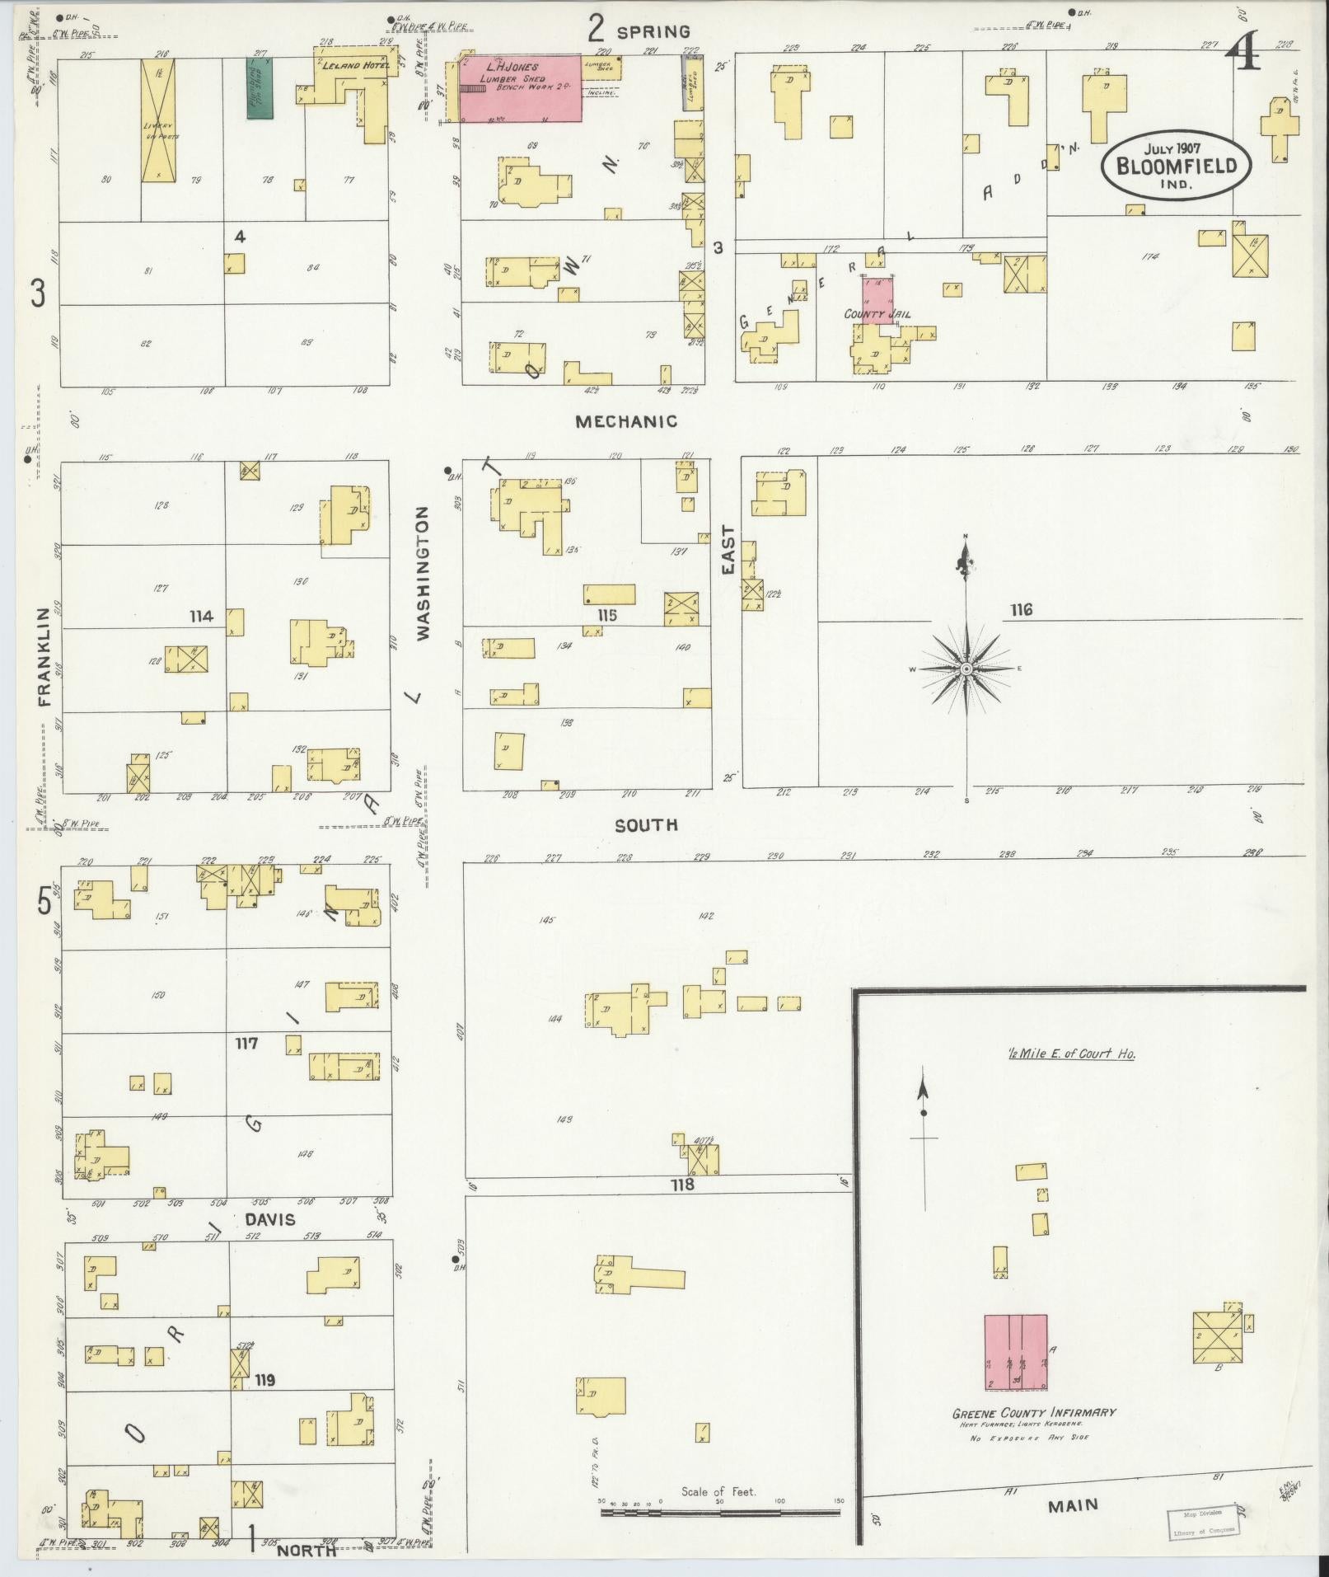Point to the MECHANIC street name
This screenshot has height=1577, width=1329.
(x=626, y=421)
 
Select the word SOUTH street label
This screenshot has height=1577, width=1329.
(x=647, y=824)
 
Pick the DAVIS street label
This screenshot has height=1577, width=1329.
(x=270, y=1219)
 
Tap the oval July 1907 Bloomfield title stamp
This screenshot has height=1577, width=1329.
(x=1176, y=164)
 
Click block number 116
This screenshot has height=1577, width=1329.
(x=1021, y=610)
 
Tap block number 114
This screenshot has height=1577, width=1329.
(x=201, y=616)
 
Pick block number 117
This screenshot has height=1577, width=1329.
(x=246, y=1043)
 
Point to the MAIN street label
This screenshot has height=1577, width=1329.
(x=1073, y=1505)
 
